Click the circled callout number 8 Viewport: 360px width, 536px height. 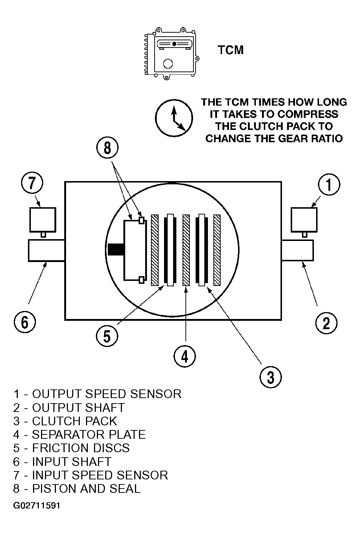coord(107,148)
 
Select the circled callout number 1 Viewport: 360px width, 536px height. coord(329,185)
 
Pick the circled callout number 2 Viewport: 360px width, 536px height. coord(326,323)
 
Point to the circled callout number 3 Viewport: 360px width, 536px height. coord(270,377)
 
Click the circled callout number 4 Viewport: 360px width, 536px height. coord(185,356)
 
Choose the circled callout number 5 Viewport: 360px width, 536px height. coord(107,336)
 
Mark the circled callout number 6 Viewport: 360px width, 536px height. coord(25,322)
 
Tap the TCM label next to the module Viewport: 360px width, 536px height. coord(230,50)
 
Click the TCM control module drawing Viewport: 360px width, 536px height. coord(172,54)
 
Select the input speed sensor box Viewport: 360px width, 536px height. coord(43,220)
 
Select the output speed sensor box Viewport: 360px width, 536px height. coord(304,220)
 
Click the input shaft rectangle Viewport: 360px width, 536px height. coord(46,250)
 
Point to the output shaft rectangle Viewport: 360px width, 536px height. coord(298,250)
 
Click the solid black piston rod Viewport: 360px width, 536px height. coord(116,250)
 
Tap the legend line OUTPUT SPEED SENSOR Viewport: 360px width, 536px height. coord(97,394)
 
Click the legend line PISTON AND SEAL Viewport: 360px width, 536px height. coord(77,488)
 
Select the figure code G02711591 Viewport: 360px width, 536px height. coord(37,506)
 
